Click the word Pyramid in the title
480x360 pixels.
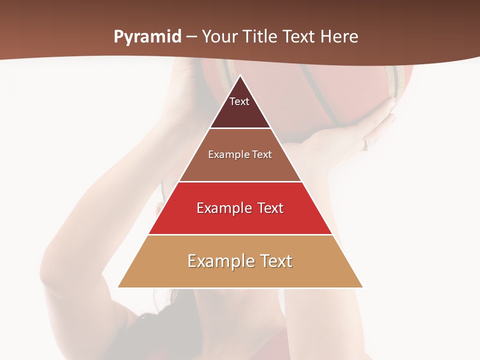tap(147, 37)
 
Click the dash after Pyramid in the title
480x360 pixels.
tap(191, 37)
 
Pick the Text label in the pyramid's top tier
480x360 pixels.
tap(239, 101)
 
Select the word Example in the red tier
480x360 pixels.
tap(223, 208)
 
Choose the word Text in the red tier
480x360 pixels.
tap(270, 208)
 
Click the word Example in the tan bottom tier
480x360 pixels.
tap(218, 261)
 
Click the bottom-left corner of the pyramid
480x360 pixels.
tap(118, 287)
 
